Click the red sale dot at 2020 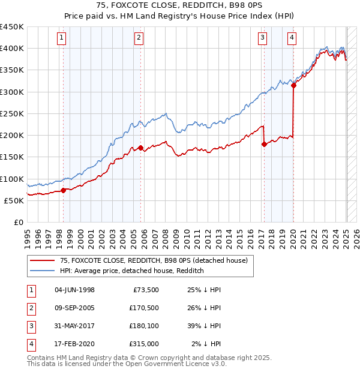tap(293, 86)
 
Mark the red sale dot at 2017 tap(264, 144)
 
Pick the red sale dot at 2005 tap(140, 148)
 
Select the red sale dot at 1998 tap(64, 190)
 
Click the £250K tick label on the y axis tap(12, 113)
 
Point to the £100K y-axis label tap(12, 179)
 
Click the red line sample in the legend tap(42, 260)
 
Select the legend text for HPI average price tap(132, 271)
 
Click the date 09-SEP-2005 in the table tap(74, 308)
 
